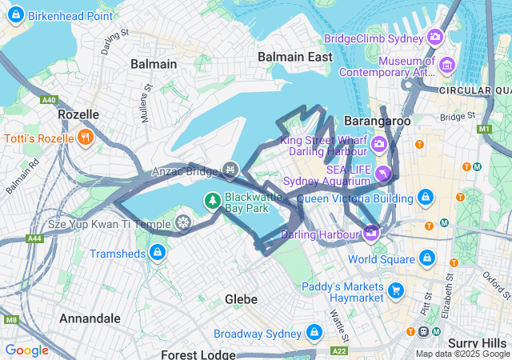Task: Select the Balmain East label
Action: click(294, 57)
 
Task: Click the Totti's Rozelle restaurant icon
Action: click(86, 138)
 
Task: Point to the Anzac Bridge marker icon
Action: click(230, 169)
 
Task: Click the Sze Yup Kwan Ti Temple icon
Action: click(183, 222)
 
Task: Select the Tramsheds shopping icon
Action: click(158, 254)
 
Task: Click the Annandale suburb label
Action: click(90, 318)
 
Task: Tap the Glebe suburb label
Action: click(241, 299)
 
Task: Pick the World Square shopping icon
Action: click(427, 258)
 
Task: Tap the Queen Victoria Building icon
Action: click(426, 197)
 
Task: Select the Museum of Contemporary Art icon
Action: click(447, 65)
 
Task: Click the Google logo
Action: click(27, 350)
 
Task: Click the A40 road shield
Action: click(50, 99)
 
